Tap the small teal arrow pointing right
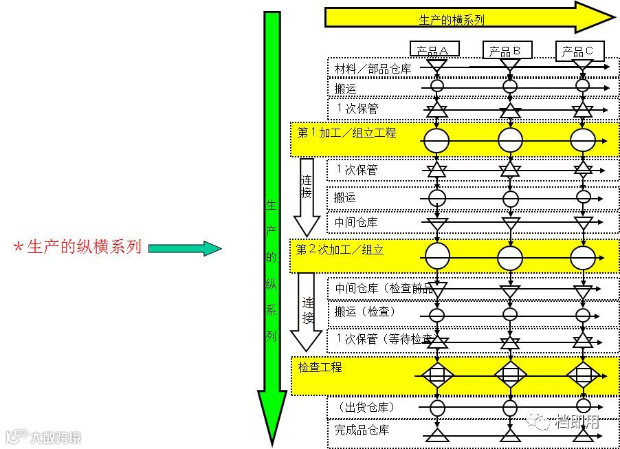(x=184, y=248)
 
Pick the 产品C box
(x=582, y=50)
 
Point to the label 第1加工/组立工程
(x=346, y=133)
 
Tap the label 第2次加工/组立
(x=340, y=250)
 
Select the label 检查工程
(x=320, y=368)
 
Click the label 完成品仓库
(x=362, y=430)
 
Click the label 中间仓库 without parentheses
(x=355, y=223)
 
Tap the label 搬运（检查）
(x=365, y=312)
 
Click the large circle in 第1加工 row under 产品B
(x=510, y=140)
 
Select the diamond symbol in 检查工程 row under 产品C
(x=583, y=375)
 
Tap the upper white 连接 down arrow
(x=307, y=196)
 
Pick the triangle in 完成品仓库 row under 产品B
(x=510, y=435)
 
